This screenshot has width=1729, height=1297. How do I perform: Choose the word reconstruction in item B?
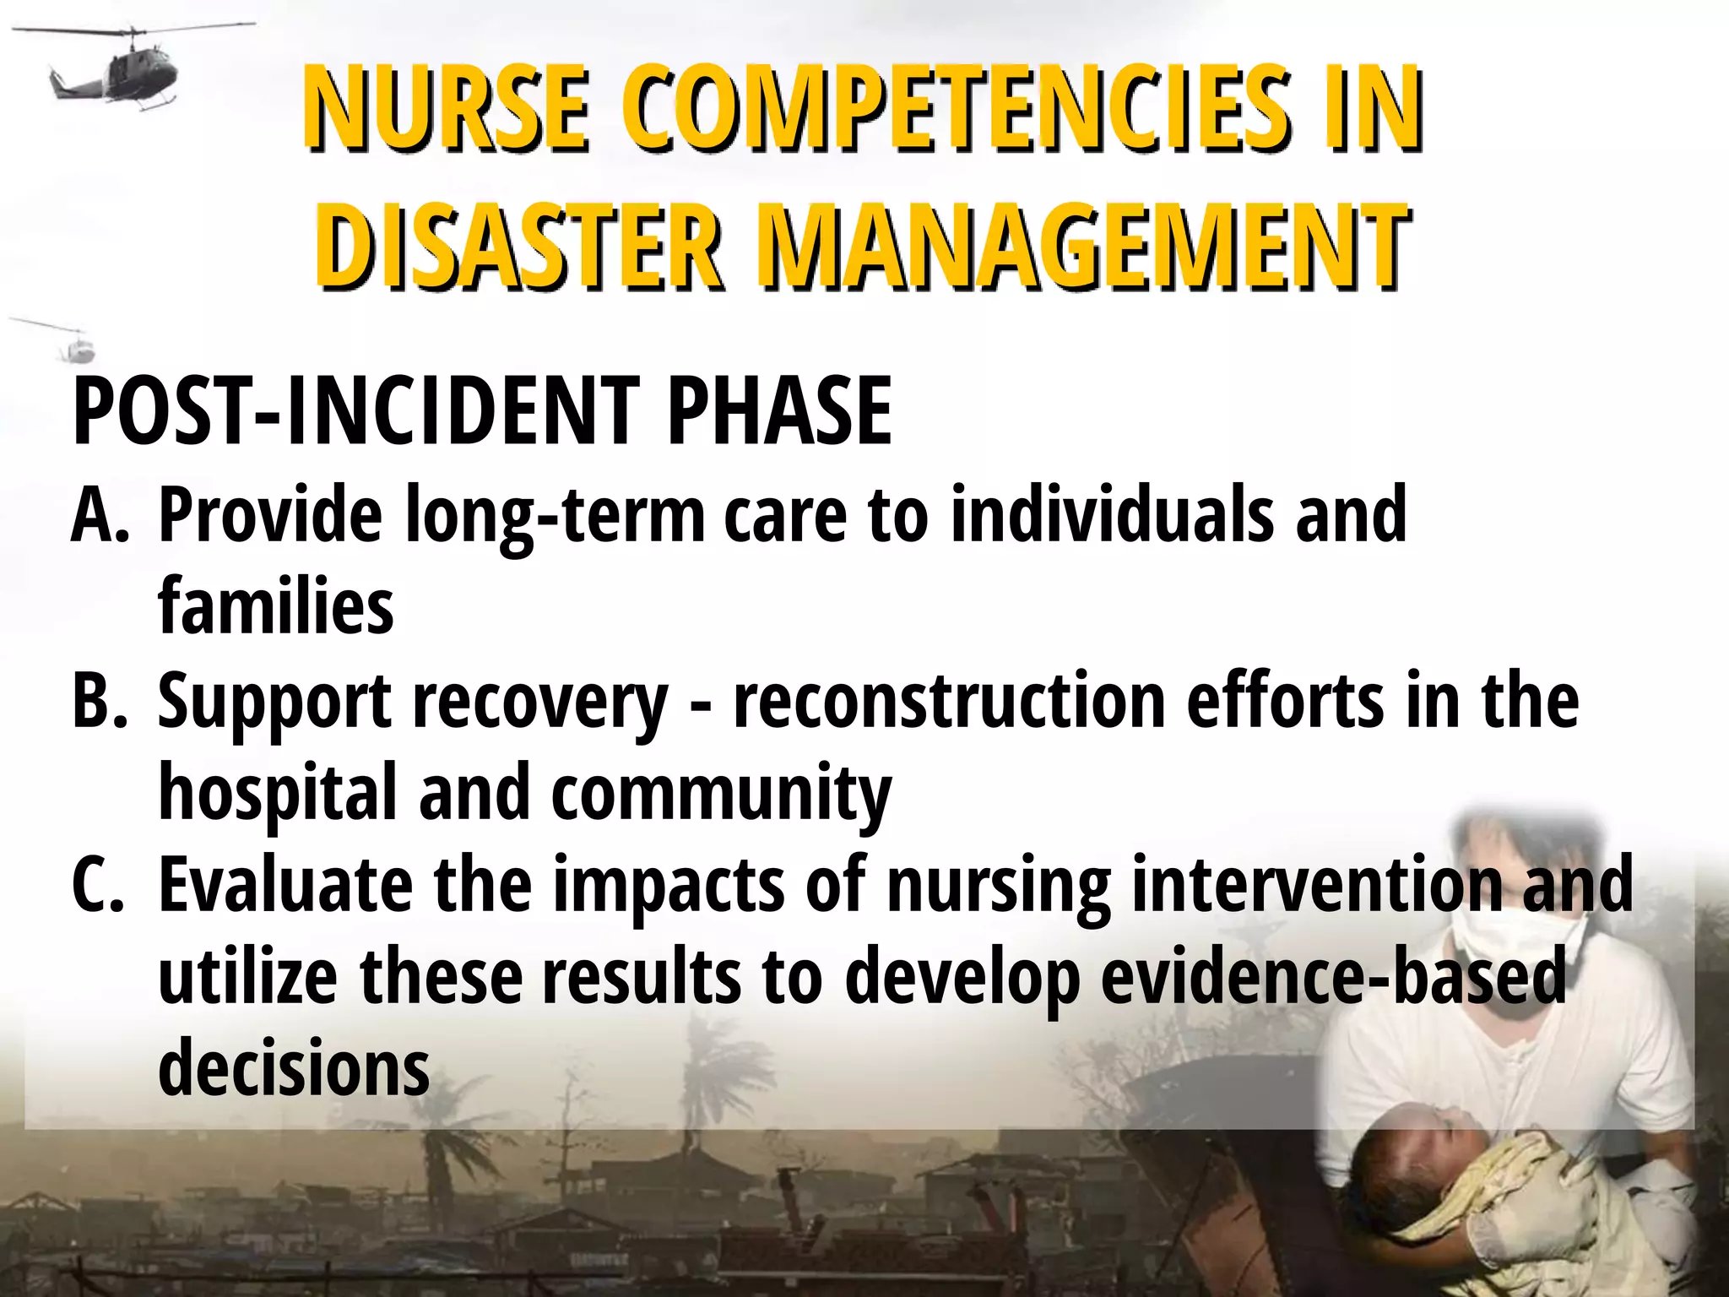click(950, 701)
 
